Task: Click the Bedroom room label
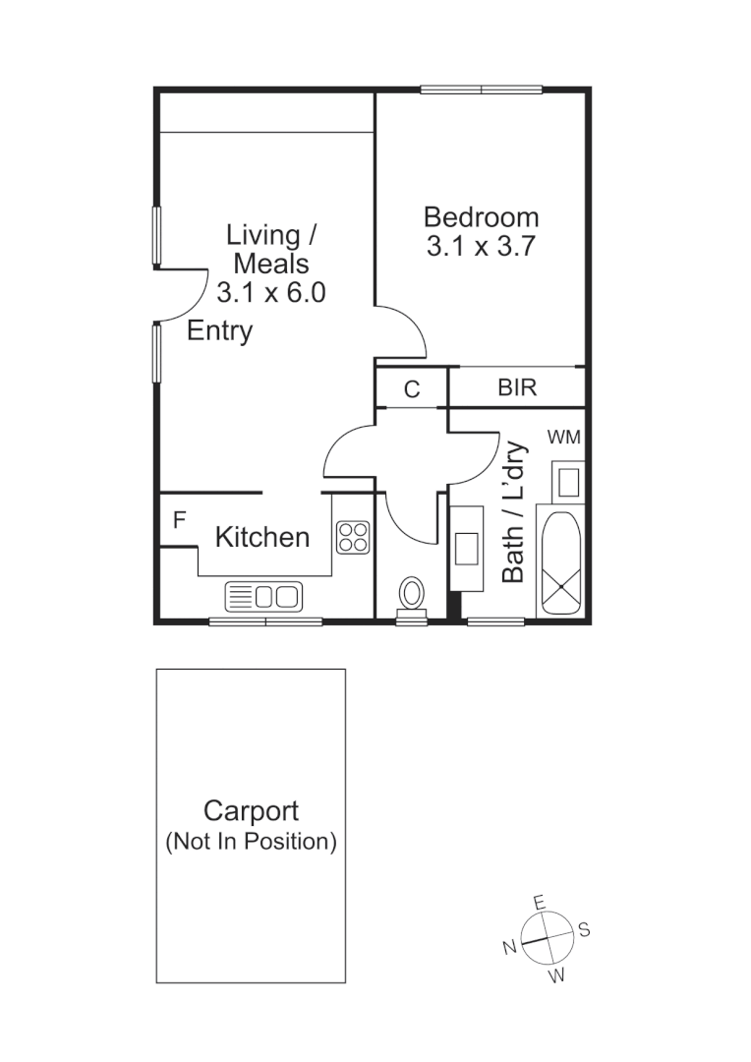[481, 216]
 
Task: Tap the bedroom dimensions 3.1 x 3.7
[481, 247]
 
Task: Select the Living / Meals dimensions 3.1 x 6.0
[270, 292]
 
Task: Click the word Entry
[219, 331]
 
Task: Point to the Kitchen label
[261, 537]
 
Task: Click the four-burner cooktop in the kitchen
[353, 537]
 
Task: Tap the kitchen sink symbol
[264, 596]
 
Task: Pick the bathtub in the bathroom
[559, 562]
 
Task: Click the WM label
[563, 436]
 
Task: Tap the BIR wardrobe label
[517, 387]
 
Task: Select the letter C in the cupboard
[412, 389]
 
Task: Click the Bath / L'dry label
[513, 511]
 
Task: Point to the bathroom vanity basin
[466, 548]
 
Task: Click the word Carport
[251, 811]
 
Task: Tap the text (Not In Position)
[251, 842]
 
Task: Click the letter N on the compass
[509, 947]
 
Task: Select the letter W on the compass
[556, 975]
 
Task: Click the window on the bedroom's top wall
[482, 90]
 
